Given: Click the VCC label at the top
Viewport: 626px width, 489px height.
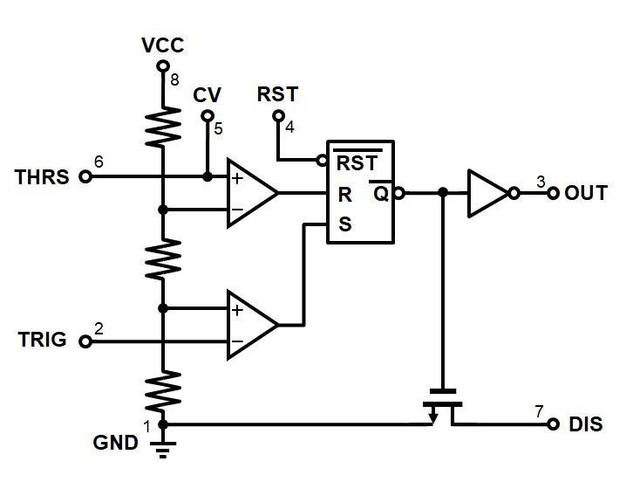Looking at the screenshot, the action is [x=162, y=45].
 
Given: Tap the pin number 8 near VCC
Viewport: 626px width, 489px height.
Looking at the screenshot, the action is [x=174, y=80].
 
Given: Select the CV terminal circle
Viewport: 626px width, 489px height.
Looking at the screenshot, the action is [x=208, y=116].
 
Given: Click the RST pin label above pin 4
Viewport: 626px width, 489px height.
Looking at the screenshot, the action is [x=277, y=94].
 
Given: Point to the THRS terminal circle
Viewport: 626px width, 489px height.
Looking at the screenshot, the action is [x=85, y=176].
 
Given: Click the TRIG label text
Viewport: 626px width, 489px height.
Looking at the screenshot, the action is [x=43, y=340].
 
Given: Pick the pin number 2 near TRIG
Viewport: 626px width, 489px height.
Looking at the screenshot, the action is [x=99, y=328].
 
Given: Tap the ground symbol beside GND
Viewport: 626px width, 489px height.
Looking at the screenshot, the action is [x=163, y=450].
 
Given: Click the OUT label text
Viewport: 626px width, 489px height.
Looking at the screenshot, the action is [x=586, y=193].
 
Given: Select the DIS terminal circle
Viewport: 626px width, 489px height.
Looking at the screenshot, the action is [x=553, y=424].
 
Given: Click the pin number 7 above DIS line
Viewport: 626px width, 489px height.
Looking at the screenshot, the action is [x=539, y=411].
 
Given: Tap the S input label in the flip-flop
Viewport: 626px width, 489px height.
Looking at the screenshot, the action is [x=345, y=224].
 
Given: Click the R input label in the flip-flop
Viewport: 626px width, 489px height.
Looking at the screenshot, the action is [x=345, y=195].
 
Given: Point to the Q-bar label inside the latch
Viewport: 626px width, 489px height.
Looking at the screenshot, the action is [x=381, y=192].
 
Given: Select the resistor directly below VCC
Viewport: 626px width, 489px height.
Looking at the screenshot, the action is [x=163, y=127].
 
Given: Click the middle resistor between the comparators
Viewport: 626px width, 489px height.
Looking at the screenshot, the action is [x=163, y=258].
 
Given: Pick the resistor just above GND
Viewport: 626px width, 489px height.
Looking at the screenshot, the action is [x=163, y=391].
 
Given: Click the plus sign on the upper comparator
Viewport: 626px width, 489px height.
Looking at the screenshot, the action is [x=237, y=178].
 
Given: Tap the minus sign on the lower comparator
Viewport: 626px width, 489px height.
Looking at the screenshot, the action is [x=237, y=341].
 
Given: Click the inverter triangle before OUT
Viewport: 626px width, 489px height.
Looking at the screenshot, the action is [x=488, y=194].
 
